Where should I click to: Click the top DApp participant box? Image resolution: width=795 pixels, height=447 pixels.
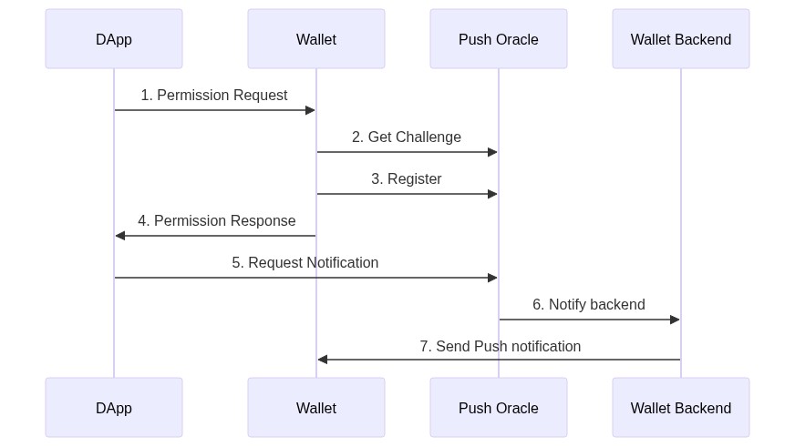tap(114, 38)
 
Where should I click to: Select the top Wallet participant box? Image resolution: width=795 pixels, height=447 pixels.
tap(315, 38)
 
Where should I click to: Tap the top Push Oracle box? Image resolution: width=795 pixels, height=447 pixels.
tap(499, 38)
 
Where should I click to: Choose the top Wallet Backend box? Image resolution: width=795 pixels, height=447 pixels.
tap(680, 38)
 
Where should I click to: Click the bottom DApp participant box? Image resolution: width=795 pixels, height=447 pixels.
tap(114, 408)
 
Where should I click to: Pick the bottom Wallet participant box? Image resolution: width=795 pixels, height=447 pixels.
tap(315, 408)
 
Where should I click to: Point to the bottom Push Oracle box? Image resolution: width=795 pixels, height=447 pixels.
tap(499, 408)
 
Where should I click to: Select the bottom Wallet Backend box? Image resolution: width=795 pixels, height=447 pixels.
tap(680, 408)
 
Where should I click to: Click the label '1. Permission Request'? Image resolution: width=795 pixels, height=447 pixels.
tap(214, 96)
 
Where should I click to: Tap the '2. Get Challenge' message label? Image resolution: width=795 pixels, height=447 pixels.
tap(407, 137)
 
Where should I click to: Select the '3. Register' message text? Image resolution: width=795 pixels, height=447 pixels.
tap(406, 178)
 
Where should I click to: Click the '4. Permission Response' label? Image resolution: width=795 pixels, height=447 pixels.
tap(216, 220)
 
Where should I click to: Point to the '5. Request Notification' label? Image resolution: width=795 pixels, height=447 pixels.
tap(305, 263)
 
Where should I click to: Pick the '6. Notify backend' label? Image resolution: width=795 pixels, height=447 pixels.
tap(589, 304)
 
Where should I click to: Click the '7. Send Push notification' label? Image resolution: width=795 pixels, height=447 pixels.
tap(500, 346)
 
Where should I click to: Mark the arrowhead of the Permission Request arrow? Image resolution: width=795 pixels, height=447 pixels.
tap(310, 110)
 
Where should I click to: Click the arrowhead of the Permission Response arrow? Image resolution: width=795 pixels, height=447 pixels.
tap(120, 236)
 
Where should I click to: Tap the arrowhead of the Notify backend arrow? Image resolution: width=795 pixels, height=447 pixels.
tap(675, 320)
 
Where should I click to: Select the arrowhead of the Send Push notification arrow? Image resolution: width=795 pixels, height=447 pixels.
tap(323, 360)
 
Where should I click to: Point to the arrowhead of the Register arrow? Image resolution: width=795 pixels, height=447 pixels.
tap(492, 194)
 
